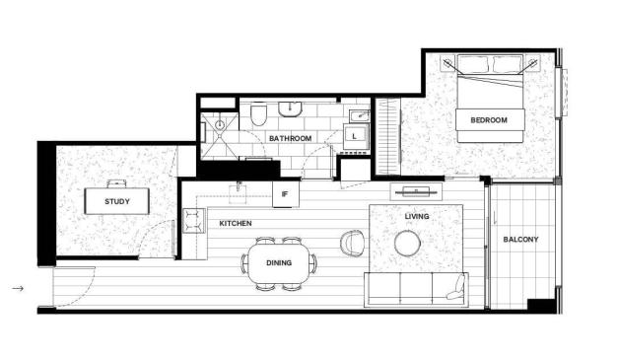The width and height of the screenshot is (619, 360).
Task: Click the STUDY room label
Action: click(x=117, y=201)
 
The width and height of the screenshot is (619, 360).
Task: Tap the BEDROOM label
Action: click(x=489, y=120)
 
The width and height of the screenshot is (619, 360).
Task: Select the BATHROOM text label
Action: click(x=290, y=139)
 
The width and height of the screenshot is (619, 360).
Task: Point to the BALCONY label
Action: click(x=520, y=240)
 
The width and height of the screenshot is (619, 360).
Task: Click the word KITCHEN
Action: click(x=236, y=224)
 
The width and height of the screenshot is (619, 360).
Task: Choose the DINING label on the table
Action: click(x=279, y=262)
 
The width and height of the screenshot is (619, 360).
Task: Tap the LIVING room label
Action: click(x=417, y=217)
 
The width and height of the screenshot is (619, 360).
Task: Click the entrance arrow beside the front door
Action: click(x=18, y=288)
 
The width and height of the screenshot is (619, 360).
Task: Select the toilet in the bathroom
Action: click(x=259, y=114)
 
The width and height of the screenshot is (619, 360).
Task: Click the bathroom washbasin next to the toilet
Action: click(x=291, y=109)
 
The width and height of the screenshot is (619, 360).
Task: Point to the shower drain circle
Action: click(x=220, y=125)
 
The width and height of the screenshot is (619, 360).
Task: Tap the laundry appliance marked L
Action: click(x=356, y=136)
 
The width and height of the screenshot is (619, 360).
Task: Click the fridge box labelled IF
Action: click(x=286, y=194)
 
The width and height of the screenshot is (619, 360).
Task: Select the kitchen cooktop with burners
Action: click(x=193, y=221)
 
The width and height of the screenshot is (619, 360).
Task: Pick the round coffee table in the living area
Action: click(x=408, y=243)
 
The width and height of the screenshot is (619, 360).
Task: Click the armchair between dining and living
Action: click(x=352, y=243)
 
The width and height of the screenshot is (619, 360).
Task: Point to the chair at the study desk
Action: click(x=116, y=183)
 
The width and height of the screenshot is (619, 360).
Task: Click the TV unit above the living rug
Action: click(x=417, y=192)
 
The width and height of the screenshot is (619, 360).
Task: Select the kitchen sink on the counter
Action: click(x=238, y=192)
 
